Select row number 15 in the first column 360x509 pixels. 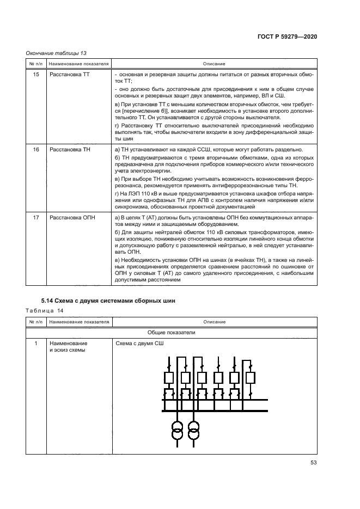tap(36, 73)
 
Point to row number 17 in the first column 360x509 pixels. tap(36, 218)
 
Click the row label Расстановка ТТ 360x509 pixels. tap(69, 73)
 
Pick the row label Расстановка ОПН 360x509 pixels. tap(71, 218)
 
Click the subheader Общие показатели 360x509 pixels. tap(172, 332)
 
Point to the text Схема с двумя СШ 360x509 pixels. tap(139, 344)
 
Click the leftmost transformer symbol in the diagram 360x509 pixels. tap(176, 430)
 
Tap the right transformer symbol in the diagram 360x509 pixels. tap(192, 430)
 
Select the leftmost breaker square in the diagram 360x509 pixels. tap(168, 377)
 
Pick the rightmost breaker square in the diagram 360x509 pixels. tap(251, 377)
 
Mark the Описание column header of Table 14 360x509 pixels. tap(215, 322)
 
